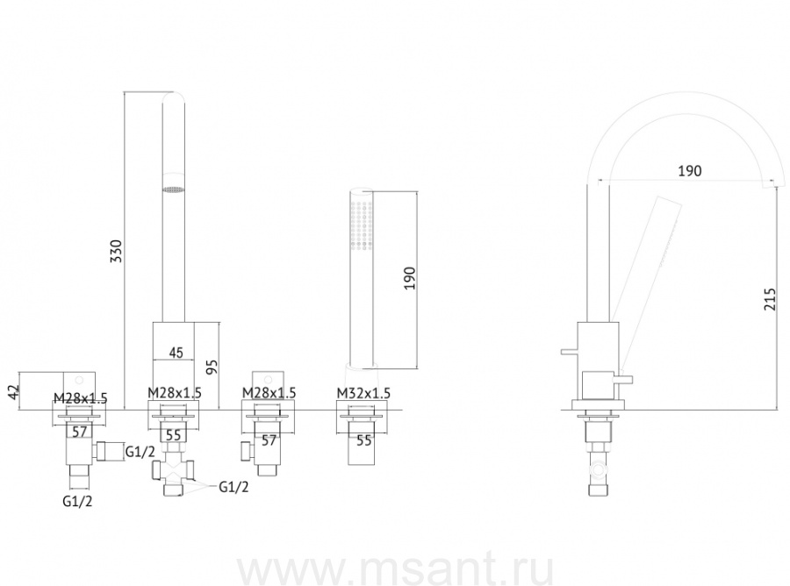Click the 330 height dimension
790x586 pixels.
point(117,251)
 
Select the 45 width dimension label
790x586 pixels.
point(176,353)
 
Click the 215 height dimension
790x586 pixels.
point(771,299)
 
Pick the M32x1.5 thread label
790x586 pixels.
point(363,393)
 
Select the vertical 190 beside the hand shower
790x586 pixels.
point(410,278)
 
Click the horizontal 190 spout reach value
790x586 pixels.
point(689,171)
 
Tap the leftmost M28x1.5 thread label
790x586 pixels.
point(81,398)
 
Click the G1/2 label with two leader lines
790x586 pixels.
point(233,487)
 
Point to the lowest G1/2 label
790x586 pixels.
point(77,502)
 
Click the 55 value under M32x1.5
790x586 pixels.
point(363,440)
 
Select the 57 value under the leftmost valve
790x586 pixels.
point(80,432)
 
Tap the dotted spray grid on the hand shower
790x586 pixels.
point(363,225)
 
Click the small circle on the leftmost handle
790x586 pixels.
point(79,379)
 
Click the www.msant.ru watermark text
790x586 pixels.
point(396,570)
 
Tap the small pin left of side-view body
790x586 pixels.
point(570,351)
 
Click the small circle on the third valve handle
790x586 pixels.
point(268,379)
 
